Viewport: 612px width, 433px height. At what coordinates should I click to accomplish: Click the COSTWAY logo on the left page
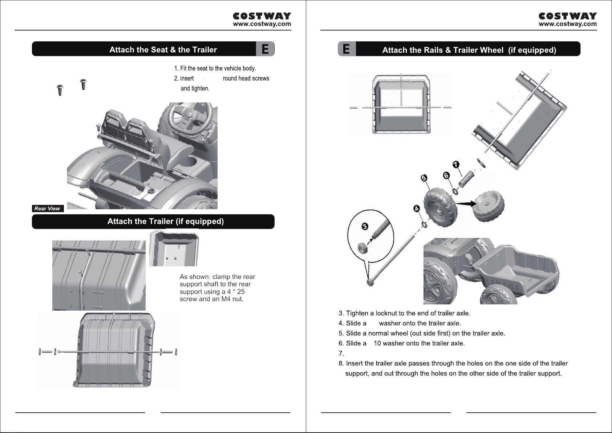pos(262,16)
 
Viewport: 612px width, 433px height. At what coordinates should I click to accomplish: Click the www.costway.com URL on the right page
pos(567,24)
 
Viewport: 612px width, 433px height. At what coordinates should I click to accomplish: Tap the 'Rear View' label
pos(47,209)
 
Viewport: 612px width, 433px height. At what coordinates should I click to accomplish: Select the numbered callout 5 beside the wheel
pos(423,178)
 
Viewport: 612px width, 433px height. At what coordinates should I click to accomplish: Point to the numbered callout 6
pos(446,175)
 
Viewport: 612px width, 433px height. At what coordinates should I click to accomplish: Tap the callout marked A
pos(417,209)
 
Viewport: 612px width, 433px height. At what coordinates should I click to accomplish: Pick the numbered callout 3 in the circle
pos(365,227)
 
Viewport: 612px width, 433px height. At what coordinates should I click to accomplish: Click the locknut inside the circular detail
pos(362,248)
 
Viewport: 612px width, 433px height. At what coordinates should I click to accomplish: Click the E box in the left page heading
pos(265,49)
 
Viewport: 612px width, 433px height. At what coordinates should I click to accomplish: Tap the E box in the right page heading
pos(346,49)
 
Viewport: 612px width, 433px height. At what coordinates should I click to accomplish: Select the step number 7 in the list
pos(341,353)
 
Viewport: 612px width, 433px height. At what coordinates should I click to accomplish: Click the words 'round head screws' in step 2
pos(246,78)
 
